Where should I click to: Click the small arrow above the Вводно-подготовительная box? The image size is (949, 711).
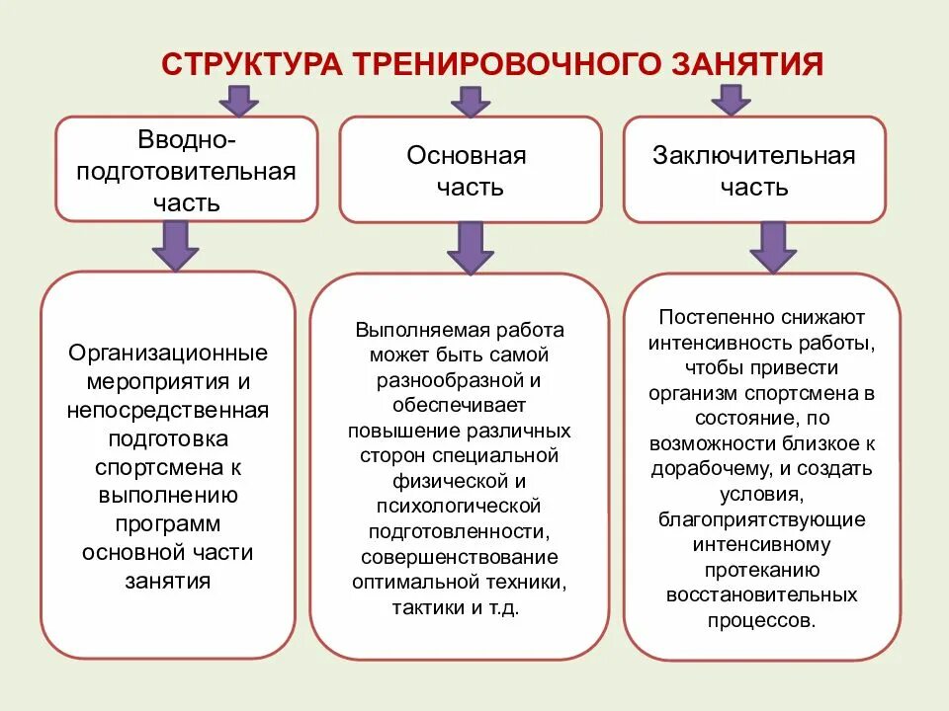238,101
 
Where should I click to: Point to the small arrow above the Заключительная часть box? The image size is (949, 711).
731,100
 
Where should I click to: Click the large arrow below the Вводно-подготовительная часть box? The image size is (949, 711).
176,246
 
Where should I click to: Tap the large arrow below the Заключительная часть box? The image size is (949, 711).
773,247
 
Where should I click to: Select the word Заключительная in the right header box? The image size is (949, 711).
753,156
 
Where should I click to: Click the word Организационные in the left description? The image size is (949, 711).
168,353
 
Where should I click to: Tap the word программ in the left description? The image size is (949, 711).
168,523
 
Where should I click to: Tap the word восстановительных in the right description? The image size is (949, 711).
761,595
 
